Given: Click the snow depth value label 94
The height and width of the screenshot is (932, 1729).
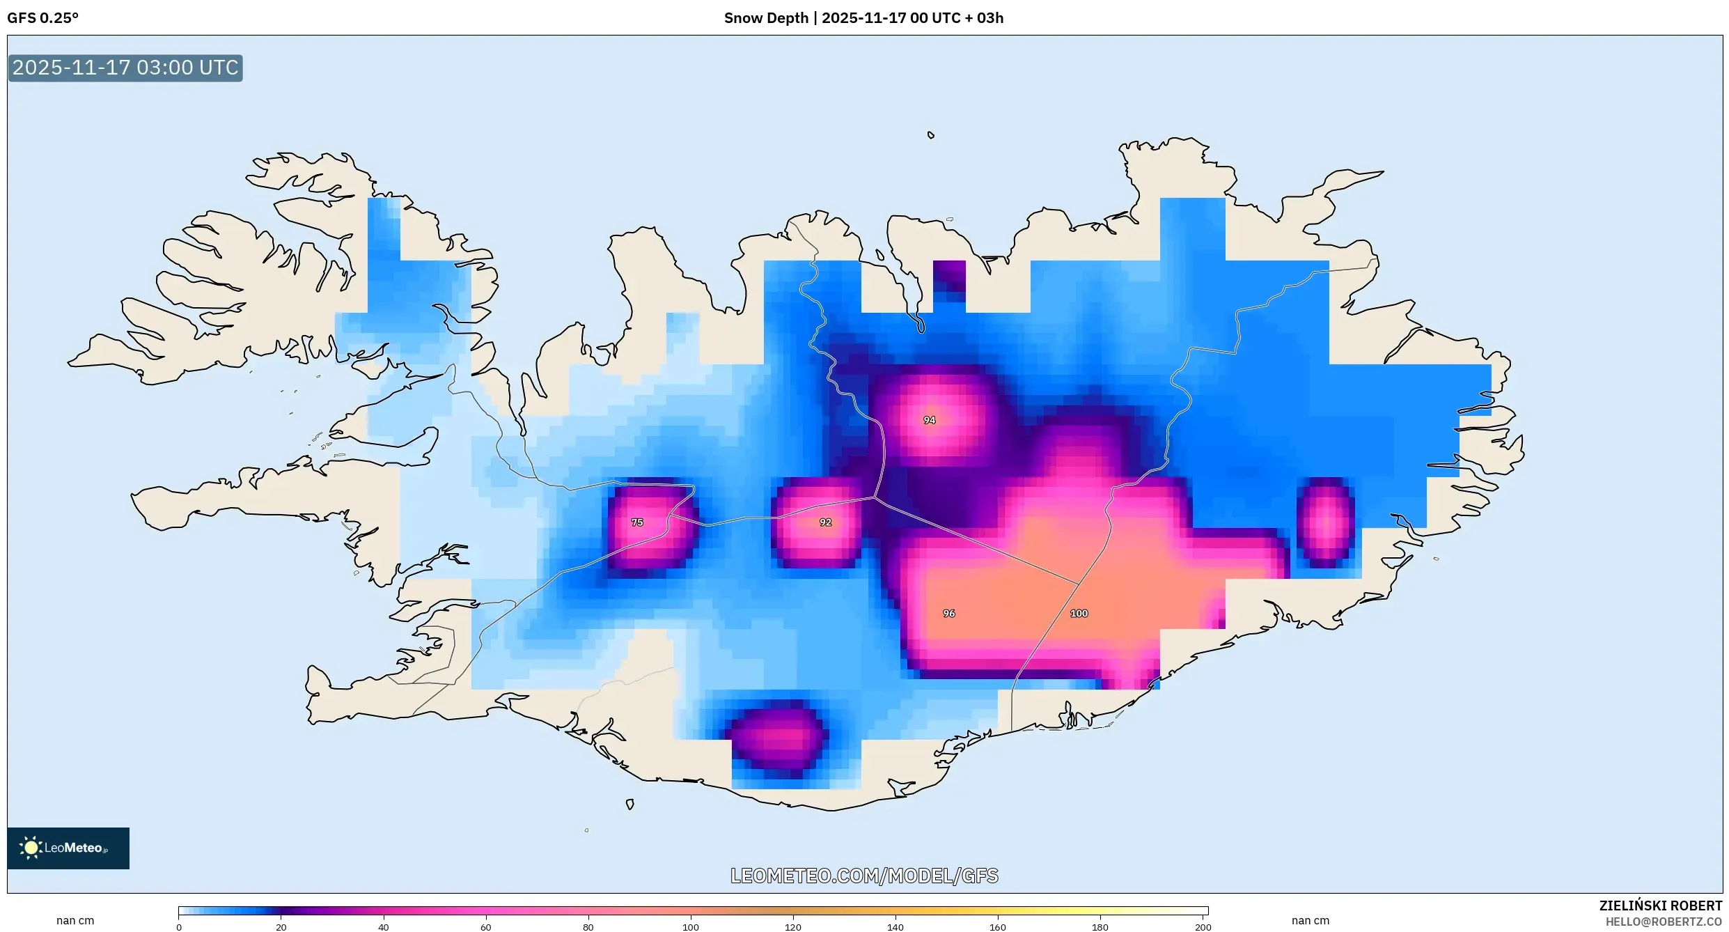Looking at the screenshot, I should [x=929, y=420].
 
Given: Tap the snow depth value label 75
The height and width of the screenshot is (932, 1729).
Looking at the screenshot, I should [x=637, y=522].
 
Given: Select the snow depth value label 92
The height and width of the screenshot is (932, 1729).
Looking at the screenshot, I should [x=825, y=522].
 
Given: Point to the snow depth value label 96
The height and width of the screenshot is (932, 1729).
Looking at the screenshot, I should [x=948, y=614].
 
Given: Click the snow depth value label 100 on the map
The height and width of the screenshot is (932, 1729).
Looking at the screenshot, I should [x=1079, y=614].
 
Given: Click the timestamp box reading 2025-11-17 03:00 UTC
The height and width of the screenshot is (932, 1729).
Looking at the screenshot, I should [x=125, y=68].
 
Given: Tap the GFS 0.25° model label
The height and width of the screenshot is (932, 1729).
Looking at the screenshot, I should [x=42, y=18].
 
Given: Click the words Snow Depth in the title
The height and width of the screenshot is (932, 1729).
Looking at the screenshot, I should [x=766, y=18].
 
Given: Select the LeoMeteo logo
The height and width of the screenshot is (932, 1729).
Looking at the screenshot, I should [x=68, y=848].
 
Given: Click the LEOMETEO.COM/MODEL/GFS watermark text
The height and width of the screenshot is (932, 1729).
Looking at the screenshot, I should [x=864, y=876].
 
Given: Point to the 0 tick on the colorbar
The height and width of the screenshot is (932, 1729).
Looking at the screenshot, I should [x=179, y=926].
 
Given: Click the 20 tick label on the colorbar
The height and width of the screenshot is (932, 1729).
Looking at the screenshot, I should [x=281, y=926].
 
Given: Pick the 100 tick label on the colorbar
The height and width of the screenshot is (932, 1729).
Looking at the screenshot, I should [x=690, y=926].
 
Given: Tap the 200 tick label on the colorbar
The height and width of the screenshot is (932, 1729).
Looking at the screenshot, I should [x=1203, y=926].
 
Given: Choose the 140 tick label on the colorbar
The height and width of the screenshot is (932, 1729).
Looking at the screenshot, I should [x=895, y=926].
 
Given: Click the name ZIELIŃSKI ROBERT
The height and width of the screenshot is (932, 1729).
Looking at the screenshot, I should [x=1660, y=906].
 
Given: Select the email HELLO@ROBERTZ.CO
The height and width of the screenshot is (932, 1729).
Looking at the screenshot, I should [x=1664, y=922].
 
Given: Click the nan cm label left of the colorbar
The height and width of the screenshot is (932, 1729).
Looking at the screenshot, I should [x=75, y=921].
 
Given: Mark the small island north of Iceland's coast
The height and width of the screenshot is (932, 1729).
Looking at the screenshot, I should [x=930, y=135].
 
